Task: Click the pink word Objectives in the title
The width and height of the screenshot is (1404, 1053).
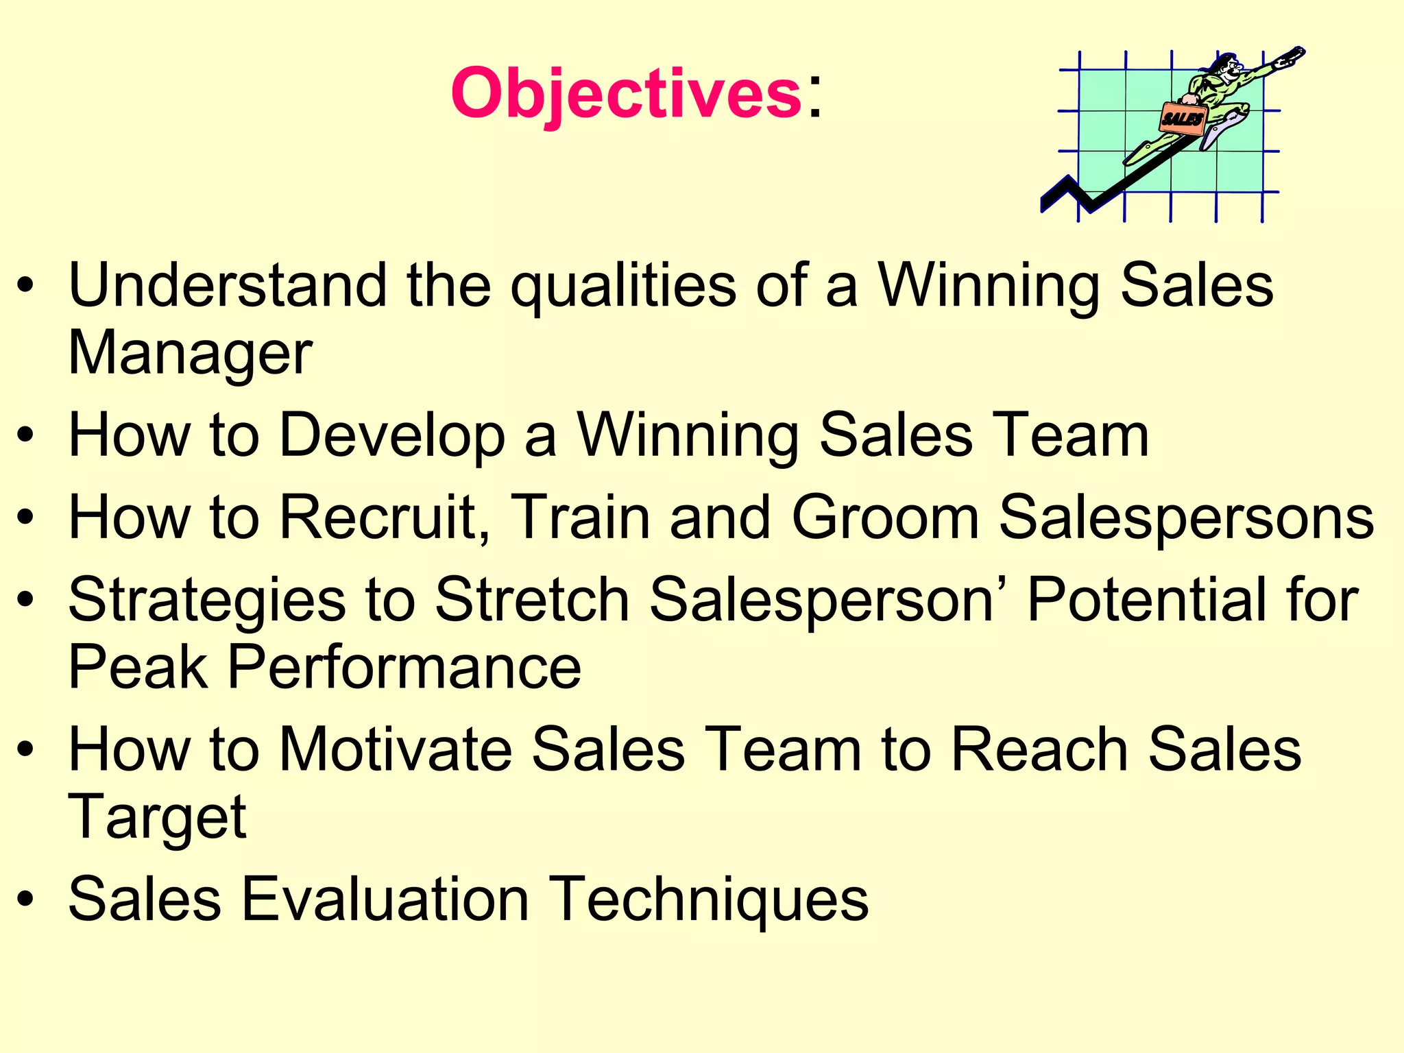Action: coord(625,93)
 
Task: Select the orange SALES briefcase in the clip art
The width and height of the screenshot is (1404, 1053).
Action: coord(1182,118)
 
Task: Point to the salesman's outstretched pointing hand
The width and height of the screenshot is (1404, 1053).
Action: coord(1289,57)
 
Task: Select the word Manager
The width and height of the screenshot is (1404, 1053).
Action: coord(190,354)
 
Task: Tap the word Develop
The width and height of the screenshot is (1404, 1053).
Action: coord(392,435)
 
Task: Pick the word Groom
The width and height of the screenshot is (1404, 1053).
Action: coord(885,518)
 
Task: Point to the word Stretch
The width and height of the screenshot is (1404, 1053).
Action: coord(532,599)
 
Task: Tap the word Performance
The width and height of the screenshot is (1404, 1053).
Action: coord(404,667)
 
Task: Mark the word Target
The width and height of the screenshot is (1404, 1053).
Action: coord(157,818)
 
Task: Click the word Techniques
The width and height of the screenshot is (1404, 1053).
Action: coord(709,900)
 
